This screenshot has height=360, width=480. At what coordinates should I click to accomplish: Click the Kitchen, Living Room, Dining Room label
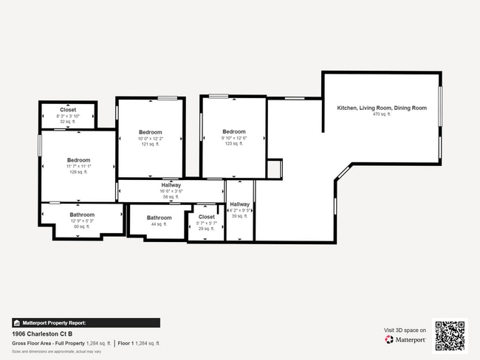tap(382, 108)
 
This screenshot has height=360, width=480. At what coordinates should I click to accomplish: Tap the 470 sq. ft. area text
tap(382, 114)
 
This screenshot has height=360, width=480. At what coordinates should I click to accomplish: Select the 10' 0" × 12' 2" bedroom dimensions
tap(150, 139)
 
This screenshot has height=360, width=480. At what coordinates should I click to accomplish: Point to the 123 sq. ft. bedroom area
tap(234, 144)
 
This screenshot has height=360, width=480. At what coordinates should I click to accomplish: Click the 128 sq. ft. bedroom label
tap(78, 172)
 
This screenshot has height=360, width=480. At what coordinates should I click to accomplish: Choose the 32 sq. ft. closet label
tap(68, 121)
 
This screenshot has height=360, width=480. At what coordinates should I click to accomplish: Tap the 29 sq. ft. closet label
tap(207, 229)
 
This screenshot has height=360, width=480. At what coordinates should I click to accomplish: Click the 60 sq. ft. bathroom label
tap(82, 226)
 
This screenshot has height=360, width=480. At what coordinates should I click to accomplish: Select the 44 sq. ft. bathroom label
tap(159, 224)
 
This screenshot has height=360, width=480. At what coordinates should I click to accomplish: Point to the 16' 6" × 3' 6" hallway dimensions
tap(171, 191)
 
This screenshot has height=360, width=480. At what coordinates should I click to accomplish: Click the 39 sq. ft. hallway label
tap(239, 216)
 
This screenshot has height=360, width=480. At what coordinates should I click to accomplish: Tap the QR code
tap(450, 335)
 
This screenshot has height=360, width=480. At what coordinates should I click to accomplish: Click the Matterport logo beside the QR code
tap(405, 340)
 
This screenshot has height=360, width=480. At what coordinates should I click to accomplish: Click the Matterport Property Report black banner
tap(86, 322)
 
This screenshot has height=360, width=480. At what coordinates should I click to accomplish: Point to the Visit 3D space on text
tap(405, 330)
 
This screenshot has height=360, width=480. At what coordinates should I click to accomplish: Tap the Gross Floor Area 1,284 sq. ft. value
tap(98, 344)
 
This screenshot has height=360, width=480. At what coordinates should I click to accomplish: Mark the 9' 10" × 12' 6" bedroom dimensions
tap(234, 138)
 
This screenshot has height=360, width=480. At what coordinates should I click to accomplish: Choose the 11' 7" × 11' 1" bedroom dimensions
tap(78, 166)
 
